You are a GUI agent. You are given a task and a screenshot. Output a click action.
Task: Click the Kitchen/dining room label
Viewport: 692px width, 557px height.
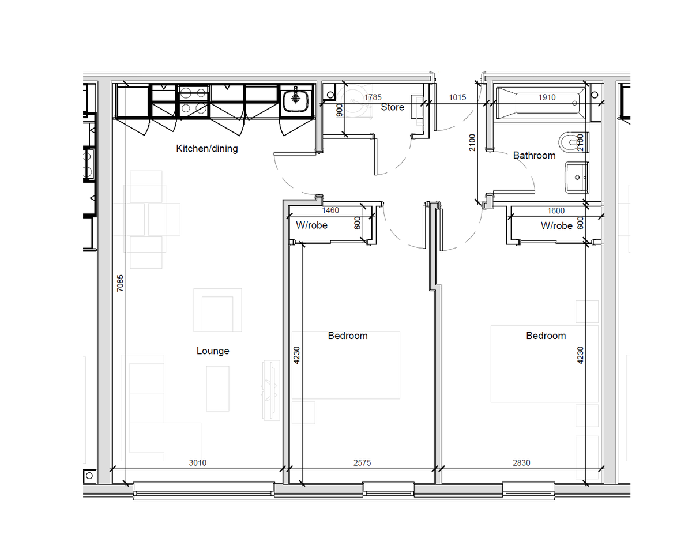pos(207,149)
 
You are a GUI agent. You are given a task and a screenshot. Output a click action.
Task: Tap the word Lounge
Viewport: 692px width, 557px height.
pos(213,351)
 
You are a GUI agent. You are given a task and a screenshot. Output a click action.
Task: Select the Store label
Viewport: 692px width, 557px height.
pos(392,107)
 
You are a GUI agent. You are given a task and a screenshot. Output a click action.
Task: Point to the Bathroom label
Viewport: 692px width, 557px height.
pos(534,155)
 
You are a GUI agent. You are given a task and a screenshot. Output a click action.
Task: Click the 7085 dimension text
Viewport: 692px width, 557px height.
pos(119,283)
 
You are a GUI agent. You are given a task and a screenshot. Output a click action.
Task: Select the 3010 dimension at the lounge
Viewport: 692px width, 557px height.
pos(197,463)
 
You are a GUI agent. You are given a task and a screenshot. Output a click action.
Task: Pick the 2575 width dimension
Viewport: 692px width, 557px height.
pos(362,463)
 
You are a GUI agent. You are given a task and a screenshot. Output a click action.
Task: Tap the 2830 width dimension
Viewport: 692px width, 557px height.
pos(521,463)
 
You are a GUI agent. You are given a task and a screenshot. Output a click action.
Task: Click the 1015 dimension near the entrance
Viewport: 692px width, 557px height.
pos(457,97)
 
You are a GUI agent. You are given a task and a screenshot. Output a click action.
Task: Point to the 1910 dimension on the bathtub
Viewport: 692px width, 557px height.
pos(547,97)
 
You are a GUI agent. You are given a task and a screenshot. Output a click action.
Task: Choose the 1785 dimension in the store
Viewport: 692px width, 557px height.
pos(373,97)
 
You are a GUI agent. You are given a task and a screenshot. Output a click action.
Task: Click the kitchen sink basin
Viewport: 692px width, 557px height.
pos(295,100)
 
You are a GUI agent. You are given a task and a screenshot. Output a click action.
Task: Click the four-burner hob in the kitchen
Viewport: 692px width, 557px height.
pos(193,101)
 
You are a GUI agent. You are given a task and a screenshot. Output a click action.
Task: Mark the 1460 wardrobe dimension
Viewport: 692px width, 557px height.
pos(330,210)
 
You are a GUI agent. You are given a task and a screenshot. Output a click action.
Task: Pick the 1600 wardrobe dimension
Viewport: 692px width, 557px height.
pos(556,210)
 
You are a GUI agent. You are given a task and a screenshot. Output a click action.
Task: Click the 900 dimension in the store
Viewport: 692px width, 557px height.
pos(339,110)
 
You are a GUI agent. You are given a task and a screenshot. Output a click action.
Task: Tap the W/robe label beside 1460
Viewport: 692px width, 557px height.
pos(311,225)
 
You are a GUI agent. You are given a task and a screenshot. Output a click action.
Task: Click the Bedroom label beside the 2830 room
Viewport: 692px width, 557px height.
pos(546,336)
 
